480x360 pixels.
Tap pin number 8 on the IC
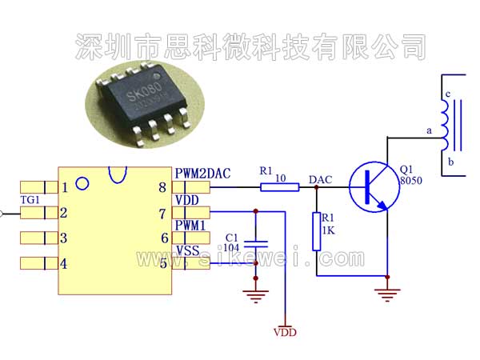click(x=163, y=188)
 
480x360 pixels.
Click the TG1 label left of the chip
click(x=30, y=200)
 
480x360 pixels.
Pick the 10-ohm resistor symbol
click(x=280, y=187)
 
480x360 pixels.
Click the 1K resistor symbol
click(x=317, y=231)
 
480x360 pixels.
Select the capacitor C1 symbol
click(x=256, y=244)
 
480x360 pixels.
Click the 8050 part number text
click(x=410, y=181)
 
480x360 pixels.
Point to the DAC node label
click(x=320, y=179)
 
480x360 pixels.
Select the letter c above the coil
click(x=449, y=94)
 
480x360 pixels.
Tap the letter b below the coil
click(x=451, y=162)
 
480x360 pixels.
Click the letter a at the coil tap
click(x=429, y=130)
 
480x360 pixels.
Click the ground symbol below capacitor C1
click(x=256, y=297)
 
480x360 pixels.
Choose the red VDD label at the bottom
click(x=285, y=331)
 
